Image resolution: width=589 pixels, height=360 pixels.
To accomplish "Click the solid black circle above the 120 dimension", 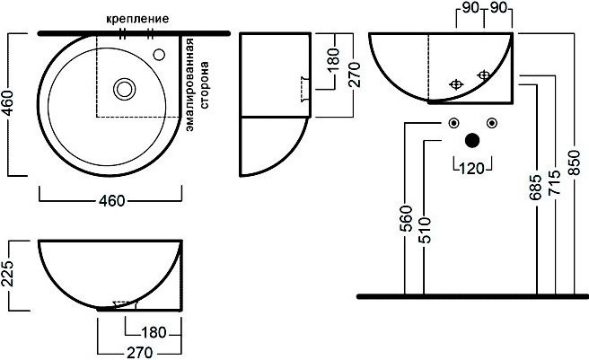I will tap(472, 140).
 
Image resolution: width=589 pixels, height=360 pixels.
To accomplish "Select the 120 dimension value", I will tap(471, 167).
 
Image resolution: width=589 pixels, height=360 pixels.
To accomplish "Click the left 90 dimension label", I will tap(468, 9).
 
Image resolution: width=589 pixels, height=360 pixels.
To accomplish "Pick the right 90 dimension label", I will tap(499, 9).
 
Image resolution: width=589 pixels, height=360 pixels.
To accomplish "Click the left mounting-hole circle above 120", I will tap(453, 123).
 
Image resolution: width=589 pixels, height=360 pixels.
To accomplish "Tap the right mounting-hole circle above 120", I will tap(491, 123).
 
